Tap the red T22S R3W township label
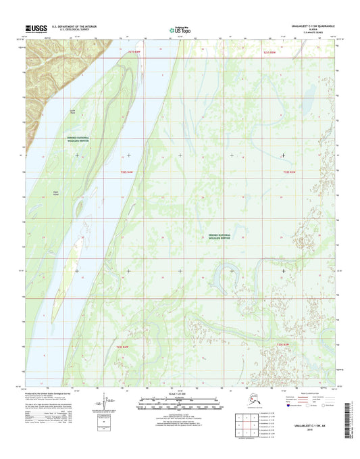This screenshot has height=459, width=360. [x=290, y=174]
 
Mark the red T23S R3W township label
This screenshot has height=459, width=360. [x=287, y=346]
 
